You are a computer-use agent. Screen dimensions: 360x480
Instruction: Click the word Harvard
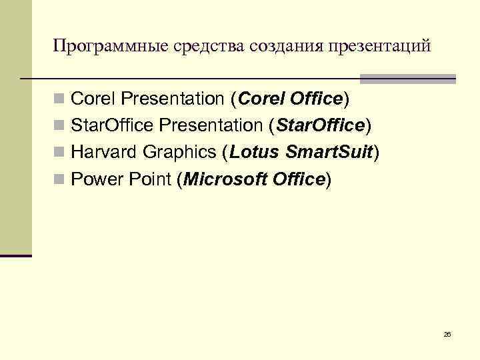click(103, 153)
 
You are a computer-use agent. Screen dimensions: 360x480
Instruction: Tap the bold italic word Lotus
click(254, 153)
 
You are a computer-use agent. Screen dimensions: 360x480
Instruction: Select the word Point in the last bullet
click(150, 179)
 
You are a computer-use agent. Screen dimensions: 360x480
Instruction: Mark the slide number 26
click(447, 333)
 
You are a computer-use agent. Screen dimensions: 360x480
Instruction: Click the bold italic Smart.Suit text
click(329, 153)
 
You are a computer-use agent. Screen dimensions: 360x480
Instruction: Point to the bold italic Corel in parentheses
click(261, 99)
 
